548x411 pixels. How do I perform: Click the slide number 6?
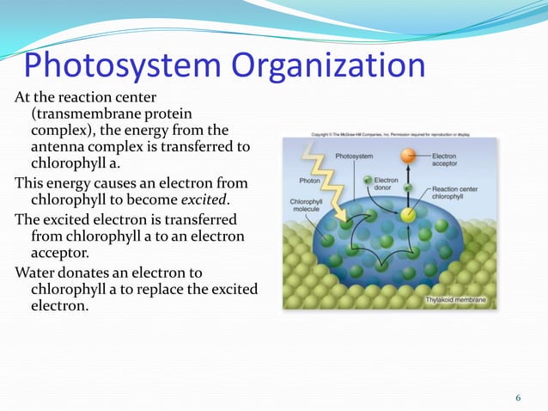[x=518, y=396]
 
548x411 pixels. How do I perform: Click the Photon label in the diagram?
[x=309, y=181]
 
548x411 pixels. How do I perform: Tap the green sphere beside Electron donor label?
[x=367, y=181]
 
